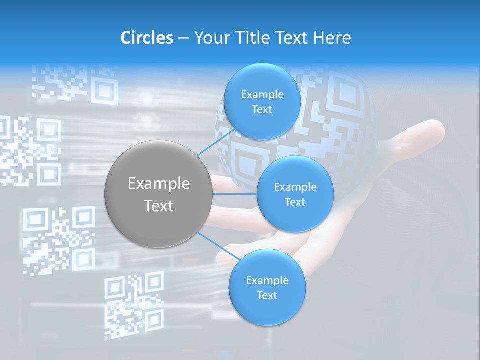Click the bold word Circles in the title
[147, 38]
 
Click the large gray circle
[159, 194]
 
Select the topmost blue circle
[262, 101]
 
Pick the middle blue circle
[295, 194]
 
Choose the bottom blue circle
[267, 287]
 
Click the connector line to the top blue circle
[216, 142]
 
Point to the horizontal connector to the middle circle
[235, 194]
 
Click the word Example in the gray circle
[159, 183]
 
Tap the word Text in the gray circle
[159, 205]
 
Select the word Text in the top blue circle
[262, 109]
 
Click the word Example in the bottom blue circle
[267, 280]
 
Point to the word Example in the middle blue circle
[295, 187]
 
